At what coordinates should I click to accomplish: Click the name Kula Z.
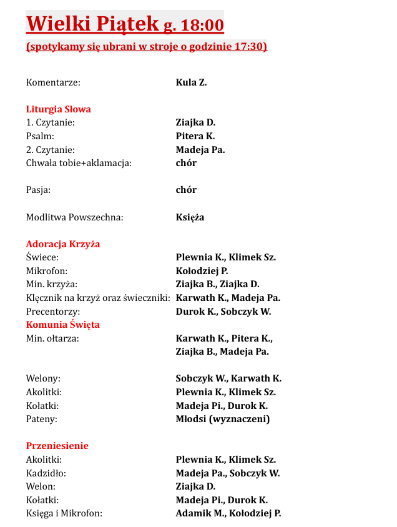click(x=191, y=82)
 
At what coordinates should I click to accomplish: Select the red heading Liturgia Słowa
click(x=59, y=109)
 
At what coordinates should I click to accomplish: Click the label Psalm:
click(x=40, y=136)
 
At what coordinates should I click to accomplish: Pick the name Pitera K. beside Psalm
click(x=195, y=136)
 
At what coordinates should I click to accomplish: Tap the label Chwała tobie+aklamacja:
click(x=79, y=163)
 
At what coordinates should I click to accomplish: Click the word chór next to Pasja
click(x=186, y=190)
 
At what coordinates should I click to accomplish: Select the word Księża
click(x=190, y=217)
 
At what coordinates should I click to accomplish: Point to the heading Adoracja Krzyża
click(x=63, y=244)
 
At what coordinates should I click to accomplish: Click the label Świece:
click(x=42, y=257)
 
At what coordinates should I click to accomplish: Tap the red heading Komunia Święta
click(x=63, y=325)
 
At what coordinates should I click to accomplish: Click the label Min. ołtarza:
click(x=52, y=338)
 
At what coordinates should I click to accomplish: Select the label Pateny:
click(x=42, y=419)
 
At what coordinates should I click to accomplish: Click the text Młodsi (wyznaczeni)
click(x=223, y=419)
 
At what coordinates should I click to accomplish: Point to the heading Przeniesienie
click(x=57, y=446)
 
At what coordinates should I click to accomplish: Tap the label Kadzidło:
click(x=46, y=473)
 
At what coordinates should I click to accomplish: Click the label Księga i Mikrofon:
click(x=64, y=513)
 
